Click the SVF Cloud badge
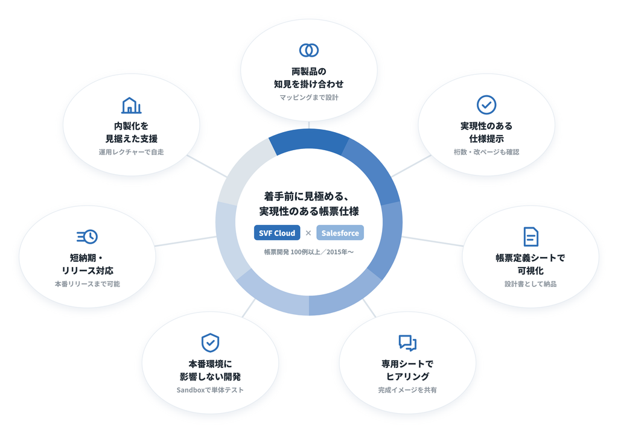point(277,233)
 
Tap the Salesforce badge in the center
point(340,233)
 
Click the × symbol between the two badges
point(308,233)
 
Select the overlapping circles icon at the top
point(309,50)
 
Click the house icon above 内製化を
point(131,105)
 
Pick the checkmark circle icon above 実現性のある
point(486,105)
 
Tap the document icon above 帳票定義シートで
point(530,236)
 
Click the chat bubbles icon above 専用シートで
point(407,343)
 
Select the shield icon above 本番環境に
point(210,343)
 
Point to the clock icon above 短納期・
point(87,236)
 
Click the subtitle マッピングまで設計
point(309,97)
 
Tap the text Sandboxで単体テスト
point(210,390)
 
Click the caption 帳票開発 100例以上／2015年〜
point(309,251)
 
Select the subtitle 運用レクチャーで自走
point(131,152)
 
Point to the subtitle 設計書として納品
point(530,284)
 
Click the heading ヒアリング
point(407,377)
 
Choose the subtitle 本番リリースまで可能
point(87,284)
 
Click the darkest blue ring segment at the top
point(308,141)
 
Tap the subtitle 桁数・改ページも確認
point(486,152)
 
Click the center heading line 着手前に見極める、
point(307,196)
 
